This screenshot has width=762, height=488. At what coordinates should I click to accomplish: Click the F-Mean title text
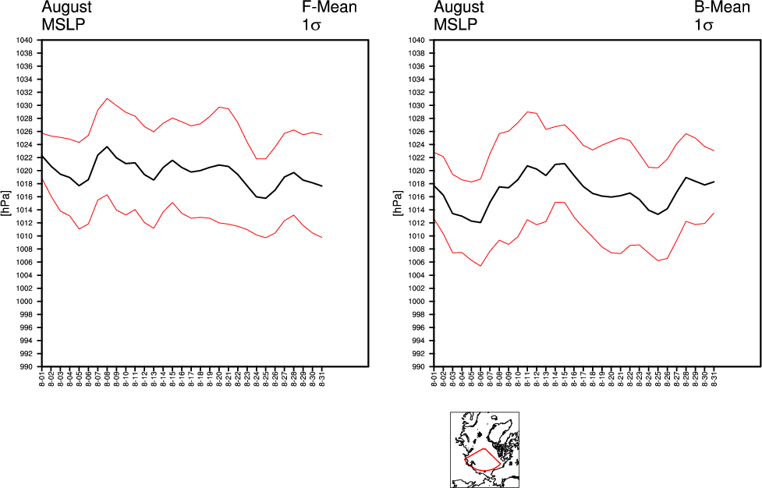(x=329, y=8)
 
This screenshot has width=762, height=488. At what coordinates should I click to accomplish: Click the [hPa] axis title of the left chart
(x=5, y=203)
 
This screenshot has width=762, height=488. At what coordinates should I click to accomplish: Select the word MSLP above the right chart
(x=454, y=23)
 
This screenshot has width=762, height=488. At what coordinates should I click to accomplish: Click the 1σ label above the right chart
(x=704, y=24)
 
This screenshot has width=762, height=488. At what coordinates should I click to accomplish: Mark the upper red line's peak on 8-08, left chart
(x=107, y=98)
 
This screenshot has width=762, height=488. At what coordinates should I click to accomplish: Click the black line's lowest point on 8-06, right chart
(x=481, y=223)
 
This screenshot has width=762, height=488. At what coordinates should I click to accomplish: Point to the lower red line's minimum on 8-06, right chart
(x=481, y=266)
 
